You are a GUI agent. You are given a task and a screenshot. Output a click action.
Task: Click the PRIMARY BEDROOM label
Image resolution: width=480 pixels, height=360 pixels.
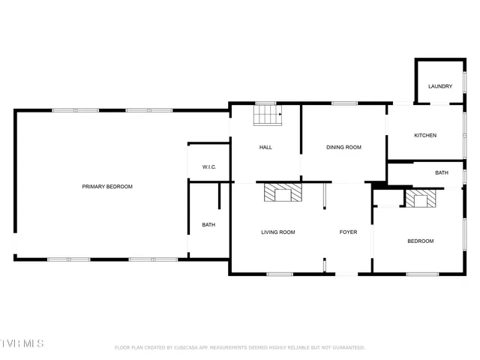click(107, 186)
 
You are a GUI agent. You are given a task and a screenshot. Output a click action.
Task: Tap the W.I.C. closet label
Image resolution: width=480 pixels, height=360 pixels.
click(209, 166)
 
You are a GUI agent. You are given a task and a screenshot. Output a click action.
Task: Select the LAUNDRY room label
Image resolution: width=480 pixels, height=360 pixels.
click(440, 86)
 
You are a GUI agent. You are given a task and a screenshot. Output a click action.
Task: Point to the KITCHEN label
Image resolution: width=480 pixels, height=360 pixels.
click(425, 135)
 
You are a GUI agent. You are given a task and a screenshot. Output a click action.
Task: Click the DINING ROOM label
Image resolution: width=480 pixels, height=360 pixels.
click(343, 147)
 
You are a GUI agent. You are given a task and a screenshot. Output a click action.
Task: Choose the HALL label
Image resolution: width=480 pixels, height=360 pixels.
click(265, 147)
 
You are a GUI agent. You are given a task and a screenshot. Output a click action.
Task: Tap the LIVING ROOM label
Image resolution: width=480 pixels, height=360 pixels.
click(277, 232)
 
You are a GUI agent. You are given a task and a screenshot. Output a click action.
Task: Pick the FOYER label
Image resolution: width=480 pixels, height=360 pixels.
click(348, 232)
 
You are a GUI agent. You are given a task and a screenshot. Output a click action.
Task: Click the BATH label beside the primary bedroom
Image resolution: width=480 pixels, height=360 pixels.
click(208, 224)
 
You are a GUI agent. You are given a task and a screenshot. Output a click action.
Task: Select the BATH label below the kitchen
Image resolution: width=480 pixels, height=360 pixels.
click(442, 172)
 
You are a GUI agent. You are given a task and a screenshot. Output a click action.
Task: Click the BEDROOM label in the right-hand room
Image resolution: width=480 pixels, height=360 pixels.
click(420, 241)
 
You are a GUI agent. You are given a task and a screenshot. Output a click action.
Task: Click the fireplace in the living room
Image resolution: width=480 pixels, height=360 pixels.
click(283, 193)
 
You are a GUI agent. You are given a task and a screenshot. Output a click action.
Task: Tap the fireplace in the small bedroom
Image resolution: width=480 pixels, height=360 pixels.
click(420, 198)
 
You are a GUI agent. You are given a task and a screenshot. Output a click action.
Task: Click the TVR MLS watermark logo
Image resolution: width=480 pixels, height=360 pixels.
click(22, 343)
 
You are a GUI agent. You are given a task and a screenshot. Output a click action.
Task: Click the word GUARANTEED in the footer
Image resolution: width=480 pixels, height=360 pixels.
click(346, 348)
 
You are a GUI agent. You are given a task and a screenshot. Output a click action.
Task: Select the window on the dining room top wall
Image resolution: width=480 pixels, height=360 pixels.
click(343, 103)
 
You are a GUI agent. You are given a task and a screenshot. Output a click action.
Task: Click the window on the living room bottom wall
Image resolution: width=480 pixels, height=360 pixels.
click(279, 274)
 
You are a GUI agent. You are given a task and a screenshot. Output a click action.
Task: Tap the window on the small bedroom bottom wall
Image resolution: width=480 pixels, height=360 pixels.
click(421, 274)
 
